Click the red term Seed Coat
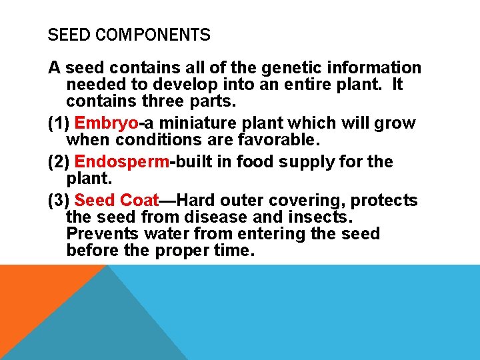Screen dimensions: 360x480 pyautogui.click(x=117, y=201)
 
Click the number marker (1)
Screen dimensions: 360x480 pyautogui.click(x=59, y=123)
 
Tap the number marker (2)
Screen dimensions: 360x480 pyautogui.click(x=59, y=162)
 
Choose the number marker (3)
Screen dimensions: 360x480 pyautogui.click(x=59, y=201)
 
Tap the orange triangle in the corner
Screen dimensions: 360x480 pyautogui.click(x=33, y=293)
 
